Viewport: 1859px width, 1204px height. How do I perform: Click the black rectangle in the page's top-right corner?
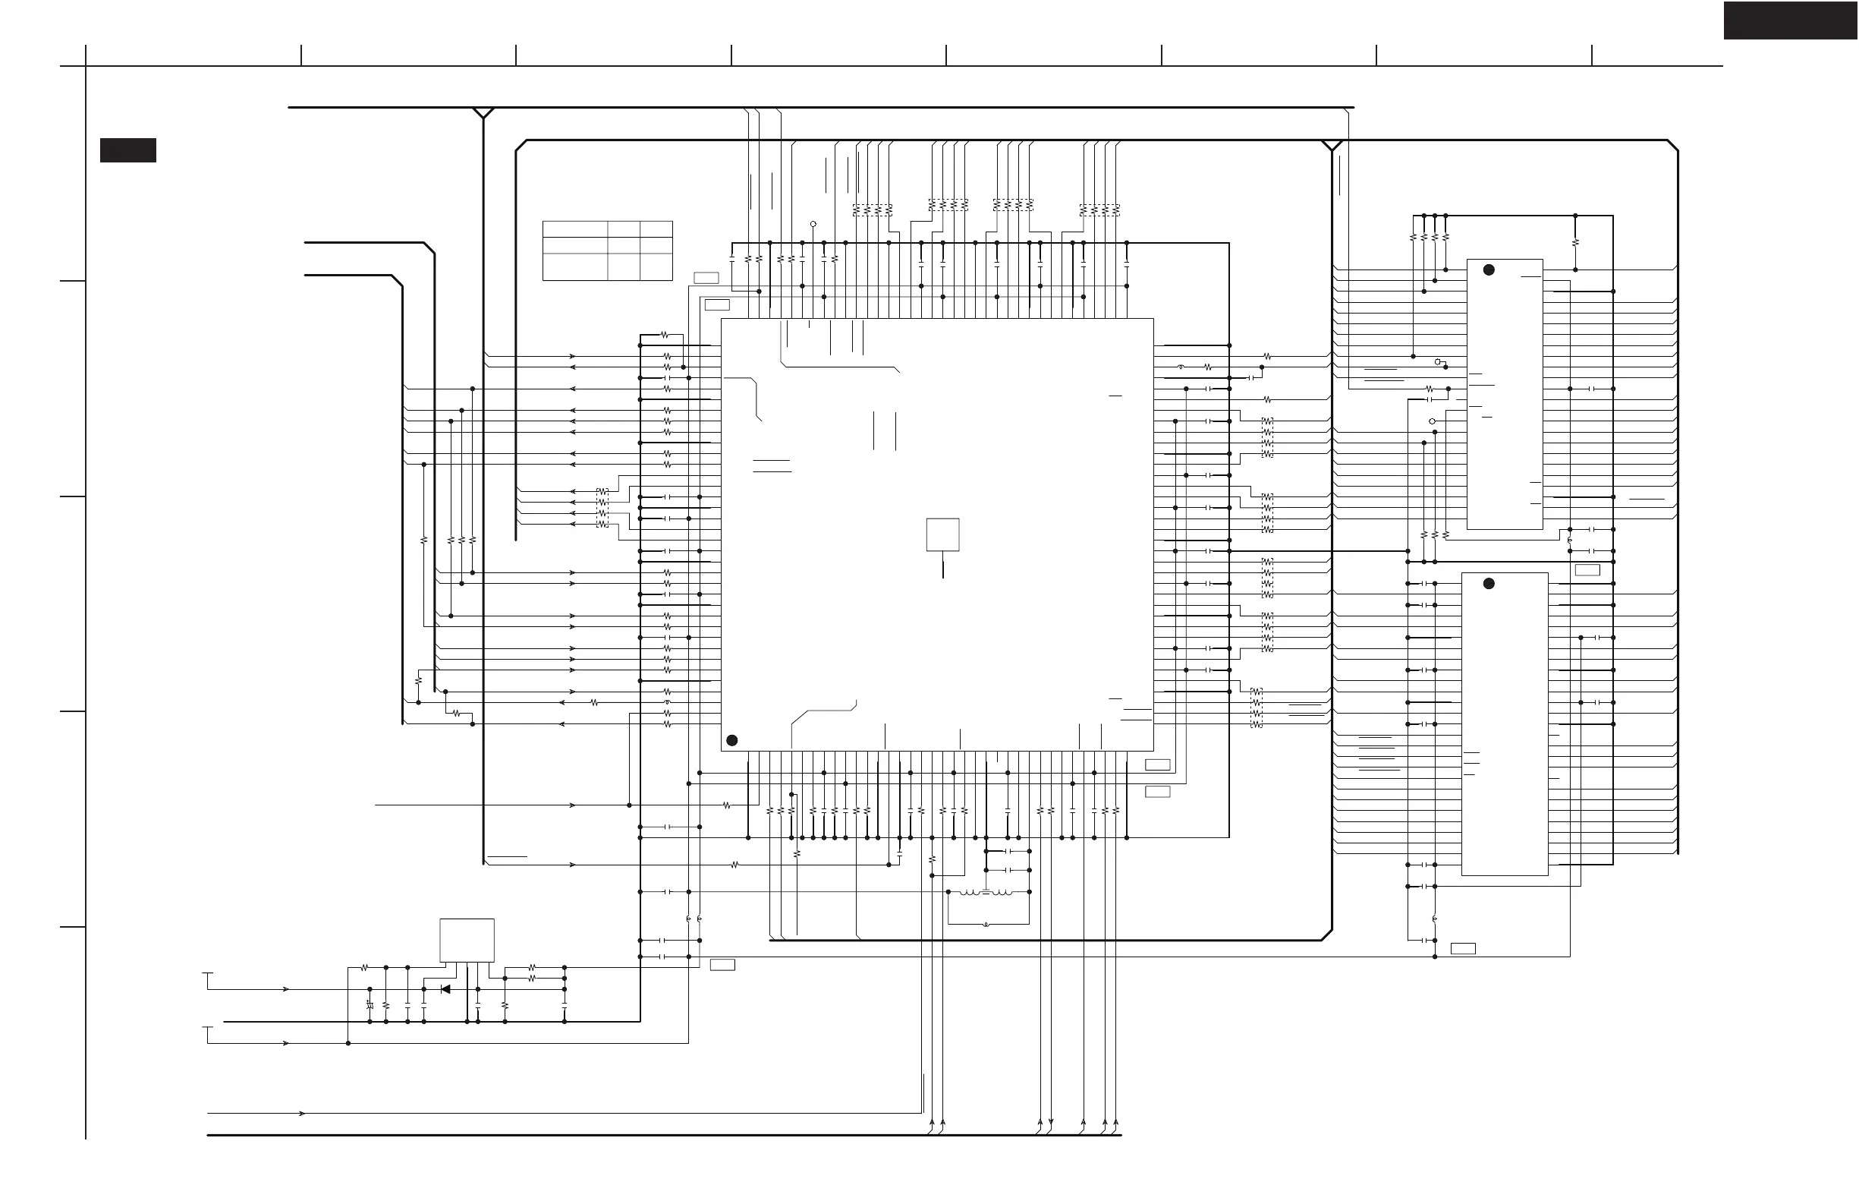coord(1790,20)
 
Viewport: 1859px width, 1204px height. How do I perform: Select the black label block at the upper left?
coord(128,150)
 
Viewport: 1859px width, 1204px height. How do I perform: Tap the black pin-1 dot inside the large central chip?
coord(732,740)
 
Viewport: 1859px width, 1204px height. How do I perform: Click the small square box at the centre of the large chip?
coord(942,534)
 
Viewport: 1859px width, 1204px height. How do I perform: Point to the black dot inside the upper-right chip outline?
coord(1489,269)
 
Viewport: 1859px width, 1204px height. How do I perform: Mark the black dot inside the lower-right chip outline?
coord(1489,584)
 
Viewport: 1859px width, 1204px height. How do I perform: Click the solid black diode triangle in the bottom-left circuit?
coord(445,989)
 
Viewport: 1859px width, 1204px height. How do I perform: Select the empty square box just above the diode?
coord(467,940)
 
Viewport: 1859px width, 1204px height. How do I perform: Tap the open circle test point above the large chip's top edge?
coord(813,224)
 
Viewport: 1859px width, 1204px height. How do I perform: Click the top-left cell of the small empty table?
coord(575,229)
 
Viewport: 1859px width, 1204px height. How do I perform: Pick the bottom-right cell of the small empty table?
coord(656,266)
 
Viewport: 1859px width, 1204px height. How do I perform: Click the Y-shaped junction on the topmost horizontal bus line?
coord(483,113)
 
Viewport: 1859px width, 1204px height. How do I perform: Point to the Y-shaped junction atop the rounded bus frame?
coord(1332,146)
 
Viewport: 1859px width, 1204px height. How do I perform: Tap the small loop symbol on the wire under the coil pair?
coord(986,925)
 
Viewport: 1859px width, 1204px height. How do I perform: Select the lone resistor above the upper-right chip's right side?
coord(1575,242)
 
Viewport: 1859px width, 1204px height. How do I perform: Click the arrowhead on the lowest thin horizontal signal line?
coord(302,1114)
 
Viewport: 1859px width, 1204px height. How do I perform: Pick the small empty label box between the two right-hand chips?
coord(1587,570)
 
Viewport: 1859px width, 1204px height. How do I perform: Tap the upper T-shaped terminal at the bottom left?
coord(208,974)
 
